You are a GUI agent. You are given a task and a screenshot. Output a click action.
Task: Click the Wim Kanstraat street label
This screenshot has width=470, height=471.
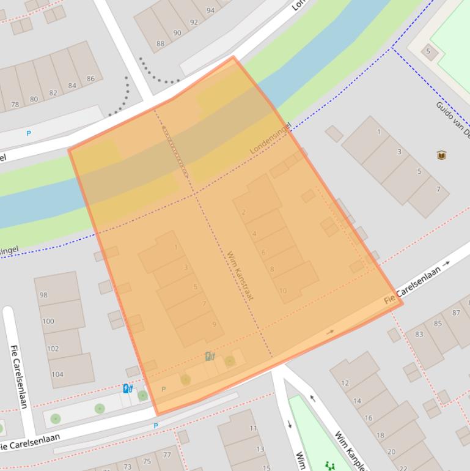pyautogui.click(x=240, y=275)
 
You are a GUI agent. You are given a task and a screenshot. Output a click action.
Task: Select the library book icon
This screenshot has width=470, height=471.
pyautogui.click(x=441, y=155)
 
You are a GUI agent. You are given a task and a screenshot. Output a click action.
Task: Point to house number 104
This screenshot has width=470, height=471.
pyautogui.click(x=57, y=374)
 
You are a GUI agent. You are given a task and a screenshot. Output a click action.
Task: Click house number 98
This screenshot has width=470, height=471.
pyautogui.click(x=43, y=295)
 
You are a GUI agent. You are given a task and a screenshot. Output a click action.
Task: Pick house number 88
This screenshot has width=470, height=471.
pyautogui.click(x=160, y=43)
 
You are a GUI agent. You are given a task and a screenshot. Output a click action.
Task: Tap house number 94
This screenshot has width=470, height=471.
pyautogui.click(x=211, y=10)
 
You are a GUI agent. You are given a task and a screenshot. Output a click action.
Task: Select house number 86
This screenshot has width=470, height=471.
pyautogui.click(x=90, y=78)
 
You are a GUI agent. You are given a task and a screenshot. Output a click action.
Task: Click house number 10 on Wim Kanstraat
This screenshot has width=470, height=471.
pyautogui.click(x=282, y=291)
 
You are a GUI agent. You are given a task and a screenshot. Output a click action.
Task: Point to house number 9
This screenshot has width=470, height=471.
pyautogui.click(x=214, y=324)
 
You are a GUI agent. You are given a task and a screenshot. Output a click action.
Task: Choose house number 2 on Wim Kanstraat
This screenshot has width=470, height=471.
pyautogui.click(x=244, y=212)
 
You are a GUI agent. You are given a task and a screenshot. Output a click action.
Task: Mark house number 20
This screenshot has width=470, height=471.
pyautogui.click(x=391, y=452)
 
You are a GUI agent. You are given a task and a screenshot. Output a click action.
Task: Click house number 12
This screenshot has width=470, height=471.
pyautogui.click(x=345, y=384)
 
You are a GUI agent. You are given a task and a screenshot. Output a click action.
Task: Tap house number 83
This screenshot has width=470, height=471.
pyautogui.click(x=419, y=334)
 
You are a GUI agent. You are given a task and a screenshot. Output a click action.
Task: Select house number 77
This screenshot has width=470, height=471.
pyautogui.click(x=167, y=454)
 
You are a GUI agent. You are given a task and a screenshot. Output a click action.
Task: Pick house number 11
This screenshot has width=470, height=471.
pyautogui.click(x=253, y=428)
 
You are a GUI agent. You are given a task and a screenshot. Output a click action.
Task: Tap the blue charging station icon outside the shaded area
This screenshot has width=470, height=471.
pyautogui.click(x=127, y=388)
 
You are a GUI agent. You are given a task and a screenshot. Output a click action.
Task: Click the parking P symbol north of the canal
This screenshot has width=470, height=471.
pyautogui.click(x=28, y=133)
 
